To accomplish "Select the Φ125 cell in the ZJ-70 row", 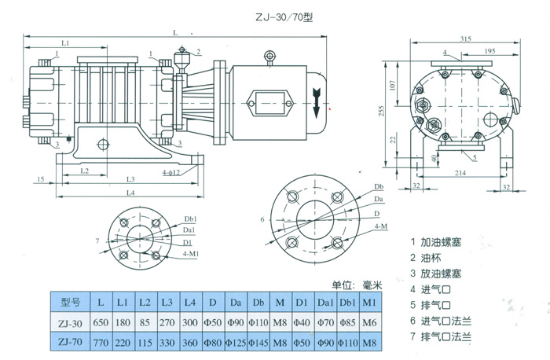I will [234, 343].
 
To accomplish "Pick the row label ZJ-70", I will [70, 343].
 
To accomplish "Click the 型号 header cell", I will [71, 302].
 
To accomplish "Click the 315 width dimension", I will [465, 39].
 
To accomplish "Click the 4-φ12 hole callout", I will [171, 171].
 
